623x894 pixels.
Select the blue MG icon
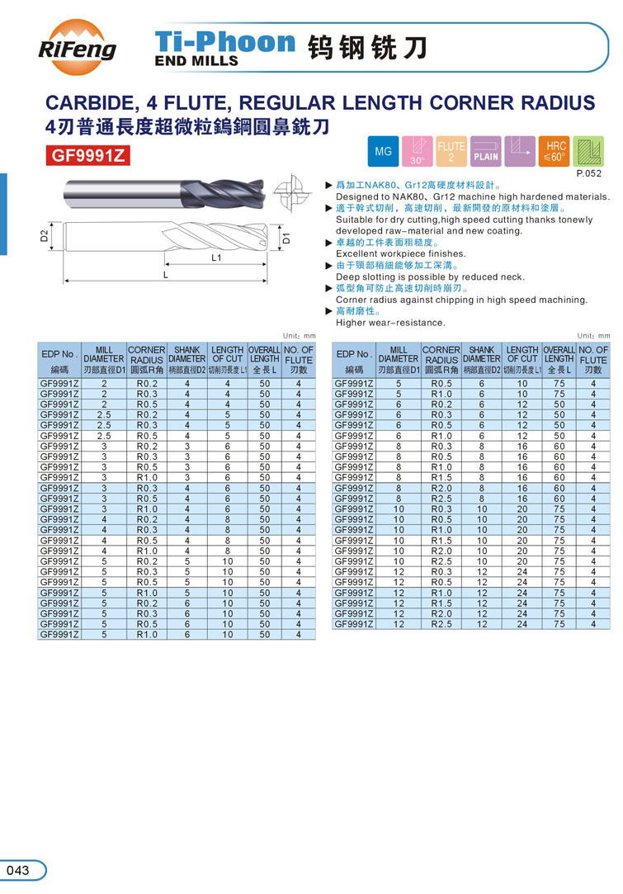(384, 151)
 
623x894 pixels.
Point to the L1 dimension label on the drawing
(216, 258)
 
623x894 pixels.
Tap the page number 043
(17, 870)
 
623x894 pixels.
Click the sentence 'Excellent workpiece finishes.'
(400, 254)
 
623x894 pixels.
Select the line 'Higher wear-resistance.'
(389, 323)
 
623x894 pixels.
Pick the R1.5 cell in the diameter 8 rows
(441, 477)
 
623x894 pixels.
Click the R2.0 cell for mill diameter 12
(441, 613)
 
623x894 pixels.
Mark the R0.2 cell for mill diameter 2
(147, 384)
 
